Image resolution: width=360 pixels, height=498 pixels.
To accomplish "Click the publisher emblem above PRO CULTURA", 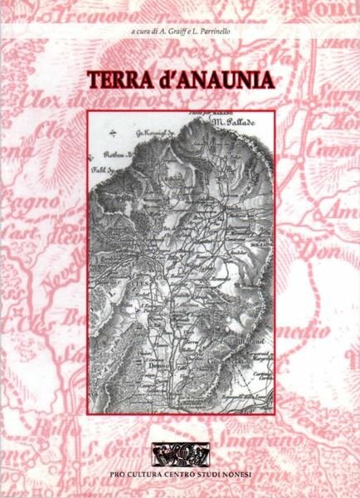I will pos(180,454).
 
